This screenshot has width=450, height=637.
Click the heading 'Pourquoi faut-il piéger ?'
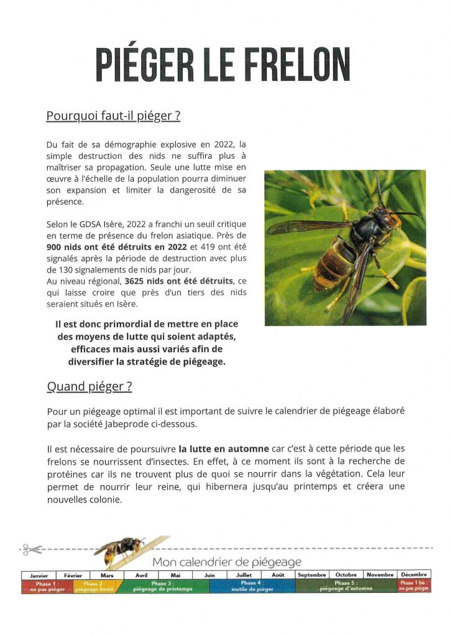pos(113,116)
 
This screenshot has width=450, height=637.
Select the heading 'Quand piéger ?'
pos(90,386)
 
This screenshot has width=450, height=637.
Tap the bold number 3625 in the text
pos(135,281)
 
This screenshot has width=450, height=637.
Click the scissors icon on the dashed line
pos(29,549)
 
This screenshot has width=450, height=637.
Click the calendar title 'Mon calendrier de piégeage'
pos(226,562)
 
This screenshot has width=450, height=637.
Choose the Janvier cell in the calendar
pos(39,575)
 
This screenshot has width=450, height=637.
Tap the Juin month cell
pos(209,575)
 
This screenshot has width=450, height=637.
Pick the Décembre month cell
pos(415,575)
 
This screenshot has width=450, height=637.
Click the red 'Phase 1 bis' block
pos(415,586)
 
